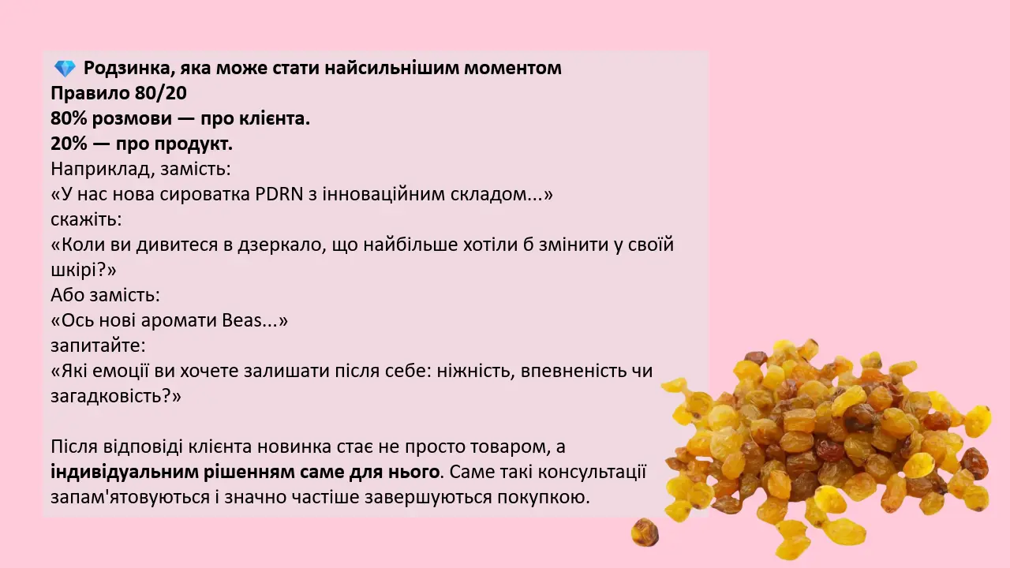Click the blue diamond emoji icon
click(x=65, y=69)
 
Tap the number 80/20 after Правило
click(x=160, y=93)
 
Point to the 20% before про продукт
click(x=69, y=144)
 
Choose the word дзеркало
click(x=282, y=245)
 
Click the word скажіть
click(x=86, y=219)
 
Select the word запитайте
click(x=98, y=346)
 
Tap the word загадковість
click(x=110, y=396)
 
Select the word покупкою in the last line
click(x=544, y=497)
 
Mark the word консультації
click(x=592, y=472)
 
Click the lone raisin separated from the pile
click(x=645, y=532)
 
